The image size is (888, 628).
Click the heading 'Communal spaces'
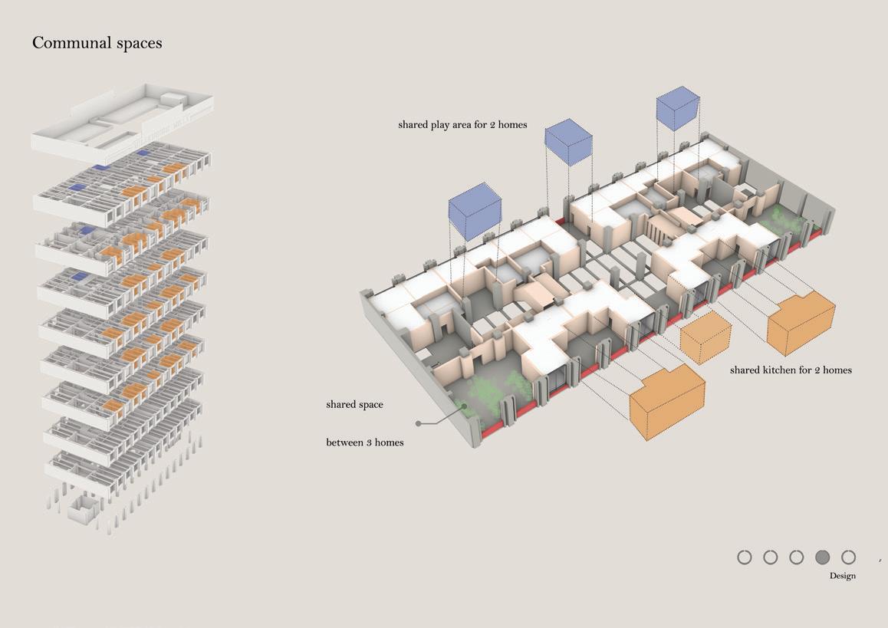[x=97, y=43]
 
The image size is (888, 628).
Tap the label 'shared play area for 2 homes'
[x=462, y=124]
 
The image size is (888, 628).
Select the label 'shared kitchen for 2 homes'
[x=791, y=370]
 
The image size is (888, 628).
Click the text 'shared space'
[x=354, y=404]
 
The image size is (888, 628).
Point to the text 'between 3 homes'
[x=364, y=442]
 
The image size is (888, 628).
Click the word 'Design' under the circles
[x=842, y=576]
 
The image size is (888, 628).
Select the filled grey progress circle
[x=823, y=557]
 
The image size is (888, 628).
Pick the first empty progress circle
[x=745, y=557]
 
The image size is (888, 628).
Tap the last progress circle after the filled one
[x=848, y=557]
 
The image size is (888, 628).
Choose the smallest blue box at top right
[x=678, y=107]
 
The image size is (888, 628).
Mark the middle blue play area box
[x=568, y=142]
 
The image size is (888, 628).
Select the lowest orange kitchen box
[x=666, y=402]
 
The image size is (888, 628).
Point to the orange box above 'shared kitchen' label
[x=801, y=322]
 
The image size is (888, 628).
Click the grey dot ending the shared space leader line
[x=418, y=423]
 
